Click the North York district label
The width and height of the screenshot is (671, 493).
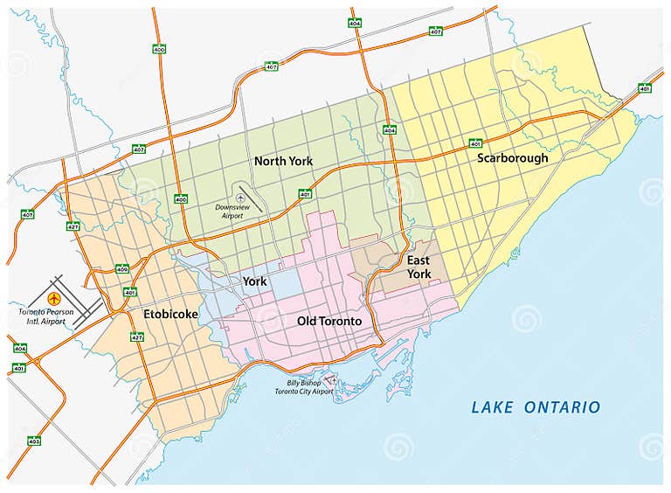point(283,161)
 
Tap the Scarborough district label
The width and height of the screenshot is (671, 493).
point(512,158)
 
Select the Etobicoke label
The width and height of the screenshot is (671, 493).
point(171,313)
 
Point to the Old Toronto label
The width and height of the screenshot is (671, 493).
point(329,321)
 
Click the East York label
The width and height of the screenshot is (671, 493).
point(419,267)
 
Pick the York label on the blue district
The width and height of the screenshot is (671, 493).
point(254,281)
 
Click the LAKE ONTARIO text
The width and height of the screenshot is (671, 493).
point(536,407)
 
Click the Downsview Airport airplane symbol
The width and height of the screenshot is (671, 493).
point(240,198)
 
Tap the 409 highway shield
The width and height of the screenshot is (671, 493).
point(121,268)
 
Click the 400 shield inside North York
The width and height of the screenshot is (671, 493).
point(181,199)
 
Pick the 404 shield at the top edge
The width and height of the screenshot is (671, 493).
point(355,22)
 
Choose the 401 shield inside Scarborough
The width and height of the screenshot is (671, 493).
point(475,142)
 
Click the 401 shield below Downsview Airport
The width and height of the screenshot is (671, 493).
point(305,194)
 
